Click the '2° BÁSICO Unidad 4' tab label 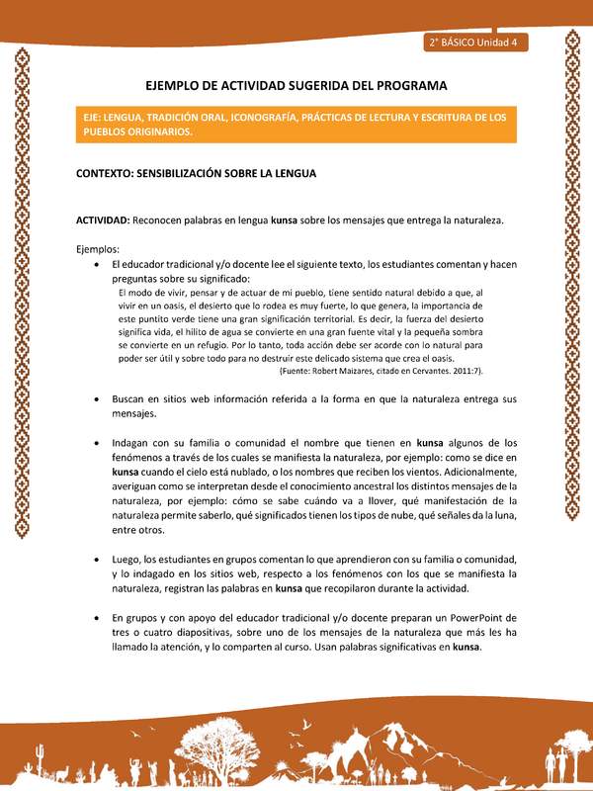pos(477,43)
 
